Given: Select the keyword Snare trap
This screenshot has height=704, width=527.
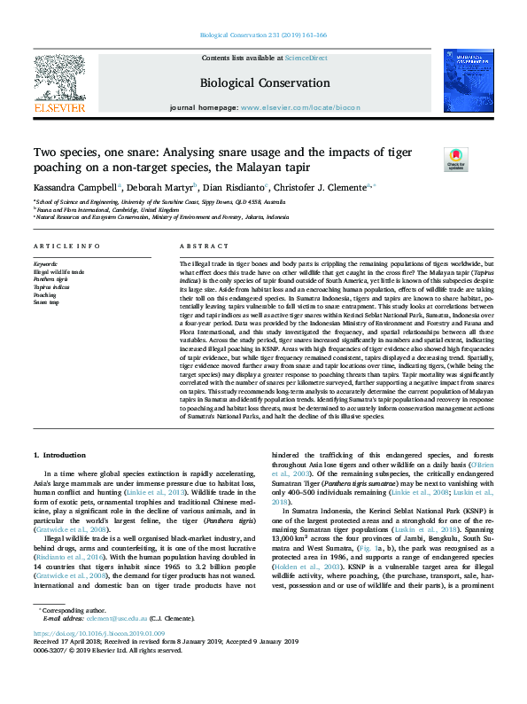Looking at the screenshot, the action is [x=46, y=303].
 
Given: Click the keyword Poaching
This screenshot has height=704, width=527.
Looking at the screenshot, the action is [x=45, y=295].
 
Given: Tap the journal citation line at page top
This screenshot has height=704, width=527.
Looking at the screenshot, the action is [x=263, y=35].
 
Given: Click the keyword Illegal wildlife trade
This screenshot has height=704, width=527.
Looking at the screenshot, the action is [x=59, y=271].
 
